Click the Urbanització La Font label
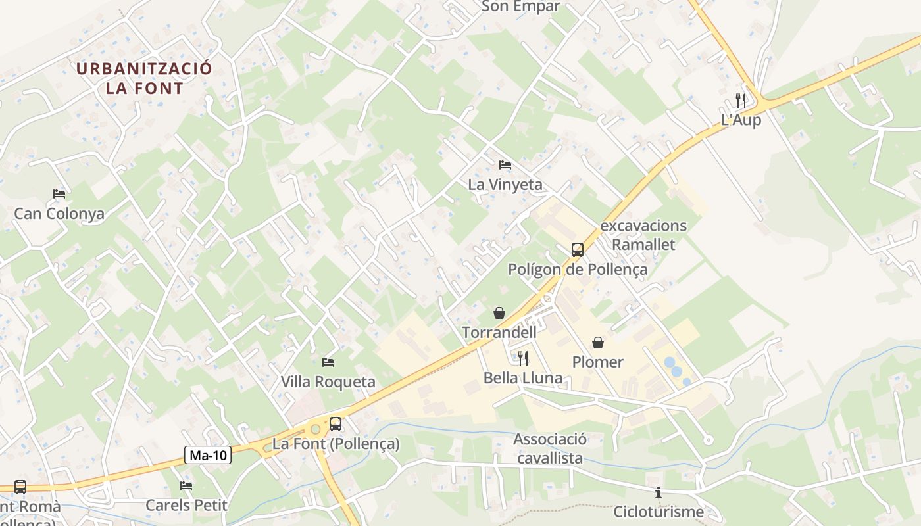coord(144,78)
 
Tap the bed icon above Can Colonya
coord(59,194)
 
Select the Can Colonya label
coord(59,214)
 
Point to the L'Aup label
coord(741,120)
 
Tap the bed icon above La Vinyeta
coord(505,164)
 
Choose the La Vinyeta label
coord(505,185)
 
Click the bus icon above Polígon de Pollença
coord(578,249)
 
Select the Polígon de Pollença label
coord(578,270)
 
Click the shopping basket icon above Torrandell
coord(499,312)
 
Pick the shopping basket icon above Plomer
coord(598,342)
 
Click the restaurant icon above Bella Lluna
coord(523,358)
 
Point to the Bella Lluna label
coord(523,378)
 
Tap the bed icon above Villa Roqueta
coord(328,362)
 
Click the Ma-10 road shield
coord(208,455)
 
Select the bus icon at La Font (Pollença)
coord(336,424)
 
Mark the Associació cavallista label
coord(550,448)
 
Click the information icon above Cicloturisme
coord(659,492)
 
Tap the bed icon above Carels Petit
coord(186,486)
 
